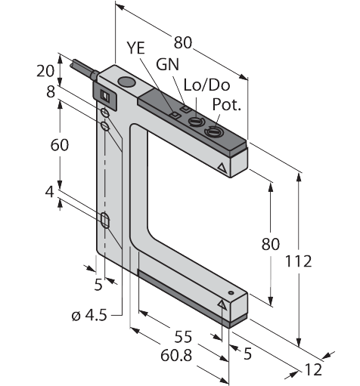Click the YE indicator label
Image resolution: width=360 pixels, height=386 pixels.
(x=136, y=48)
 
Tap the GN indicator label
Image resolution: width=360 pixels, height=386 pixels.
(x=167, y=64)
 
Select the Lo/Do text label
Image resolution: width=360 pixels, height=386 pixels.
(x=206, y=85)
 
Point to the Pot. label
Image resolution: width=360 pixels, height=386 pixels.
(x=227, y=104)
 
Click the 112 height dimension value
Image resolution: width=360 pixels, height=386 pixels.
(x=298, y=261)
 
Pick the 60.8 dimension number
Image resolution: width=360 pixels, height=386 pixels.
(x=176, y=356)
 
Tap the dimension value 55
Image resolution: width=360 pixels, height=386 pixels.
(x=183, y=337)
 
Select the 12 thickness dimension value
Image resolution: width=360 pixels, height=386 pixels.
(x=313, y=370)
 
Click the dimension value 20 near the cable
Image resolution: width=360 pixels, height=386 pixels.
(x=45, y=71)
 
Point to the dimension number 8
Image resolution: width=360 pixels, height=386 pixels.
(x=51, y=92)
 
